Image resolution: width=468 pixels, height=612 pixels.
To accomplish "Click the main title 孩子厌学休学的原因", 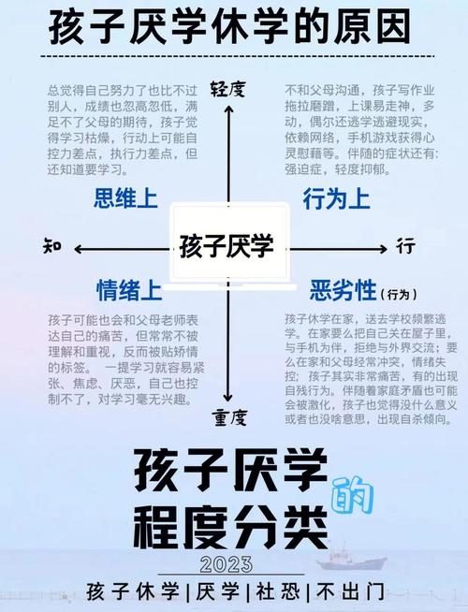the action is pyautogui.click(x=229, y=27).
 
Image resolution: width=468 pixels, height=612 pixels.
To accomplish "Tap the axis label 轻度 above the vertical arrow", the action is pyautogui.click(x=228, y=90).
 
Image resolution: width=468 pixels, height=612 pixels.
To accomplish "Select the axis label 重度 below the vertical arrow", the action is pyautogui.click(x=230, y=417).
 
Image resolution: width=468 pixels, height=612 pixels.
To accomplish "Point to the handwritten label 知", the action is pyautogui.click(x=52, y=246).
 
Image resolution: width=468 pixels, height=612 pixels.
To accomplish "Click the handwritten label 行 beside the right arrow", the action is pyautogui.click(x=406, y=246).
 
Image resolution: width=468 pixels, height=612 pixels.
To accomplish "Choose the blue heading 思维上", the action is pyautogui.click(x=125, y=197).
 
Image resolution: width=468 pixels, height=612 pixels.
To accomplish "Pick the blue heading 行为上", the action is pyautogui.click(x=336, y=198).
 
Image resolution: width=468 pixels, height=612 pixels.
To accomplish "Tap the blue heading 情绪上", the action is pyautogui.click(x=129, y=290).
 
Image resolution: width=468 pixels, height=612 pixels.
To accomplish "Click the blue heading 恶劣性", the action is pyautogui.click(x=343, y=290).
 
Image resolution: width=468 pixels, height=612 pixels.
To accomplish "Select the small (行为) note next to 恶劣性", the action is pyautogui.click(x=399, y=294).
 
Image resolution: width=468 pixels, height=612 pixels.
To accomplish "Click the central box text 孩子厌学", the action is pyautogui.click(x=227, y=246).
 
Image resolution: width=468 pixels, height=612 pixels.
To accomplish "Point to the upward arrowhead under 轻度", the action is pyautogui.click(x=228, y=109).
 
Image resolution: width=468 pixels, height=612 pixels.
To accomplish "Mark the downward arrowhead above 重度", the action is pyautogui.click(x=228, y=398).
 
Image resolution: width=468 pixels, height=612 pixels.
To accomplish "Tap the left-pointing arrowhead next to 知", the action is pyautogui.click(x=79, y=249).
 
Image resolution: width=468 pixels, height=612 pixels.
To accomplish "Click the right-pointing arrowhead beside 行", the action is pyautogui.click(x=382, y=249).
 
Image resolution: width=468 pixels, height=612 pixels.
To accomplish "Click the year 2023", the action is pyautogui.click(x=227, y=564).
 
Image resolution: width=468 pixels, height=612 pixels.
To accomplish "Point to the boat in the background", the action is pyautogui.click(x=350, y=558).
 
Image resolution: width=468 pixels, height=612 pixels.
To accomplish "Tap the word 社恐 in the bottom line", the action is pyautogui.click(x=277, y=591).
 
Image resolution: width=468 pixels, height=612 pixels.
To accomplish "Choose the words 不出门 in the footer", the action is pyautogui.click(x=350, y=591).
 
